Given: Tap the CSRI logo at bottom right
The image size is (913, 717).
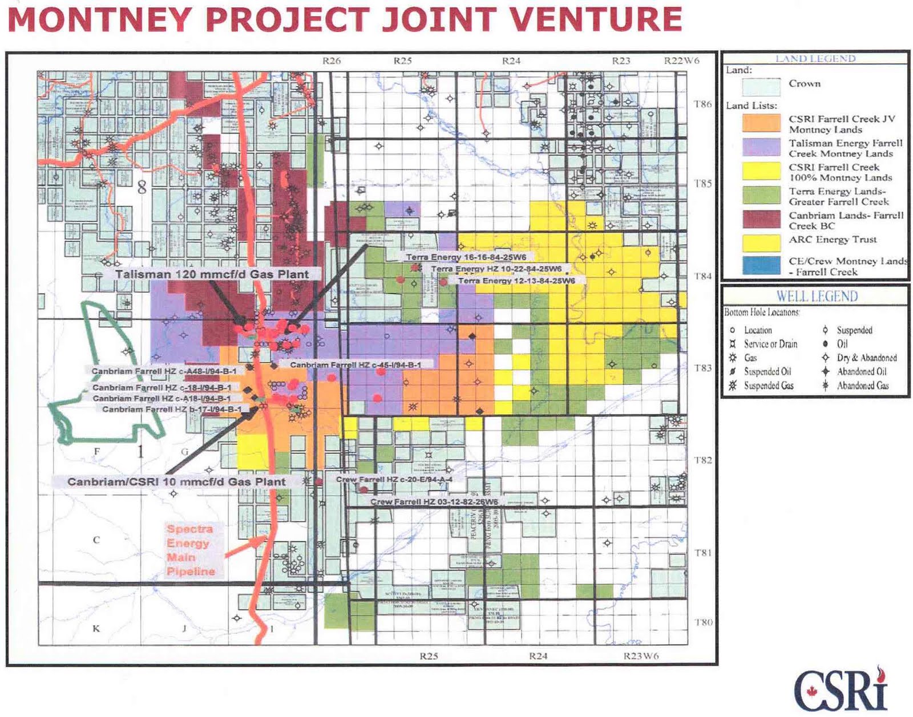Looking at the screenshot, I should (842, 690).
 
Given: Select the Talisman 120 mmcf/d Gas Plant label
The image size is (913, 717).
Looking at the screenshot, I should (212, 274).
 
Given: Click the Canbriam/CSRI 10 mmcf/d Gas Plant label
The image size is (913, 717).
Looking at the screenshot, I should (176, 482).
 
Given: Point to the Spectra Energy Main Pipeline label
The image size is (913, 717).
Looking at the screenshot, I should (191, 550).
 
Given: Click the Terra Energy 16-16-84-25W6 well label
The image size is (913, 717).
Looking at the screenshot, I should (466, 257).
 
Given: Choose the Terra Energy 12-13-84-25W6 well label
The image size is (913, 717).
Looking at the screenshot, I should (516, 281).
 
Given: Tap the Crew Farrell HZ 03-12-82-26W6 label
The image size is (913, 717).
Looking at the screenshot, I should (434, 502).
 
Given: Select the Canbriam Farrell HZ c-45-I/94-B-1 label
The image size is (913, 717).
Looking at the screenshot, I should (355, 364).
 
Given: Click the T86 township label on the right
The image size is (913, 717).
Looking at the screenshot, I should (702, 104).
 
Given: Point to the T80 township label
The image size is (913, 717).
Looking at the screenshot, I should (703, 622).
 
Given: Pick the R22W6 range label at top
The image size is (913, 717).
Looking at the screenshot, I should (681, 61).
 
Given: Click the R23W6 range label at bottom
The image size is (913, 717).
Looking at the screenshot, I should (641, 656).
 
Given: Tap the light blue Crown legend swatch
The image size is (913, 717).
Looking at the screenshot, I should (761, 87).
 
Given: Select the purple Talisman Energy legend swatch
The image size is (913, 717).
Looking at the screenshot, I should (761, 148).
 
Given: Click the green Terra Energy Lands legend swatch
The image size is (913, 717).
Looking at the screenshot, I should (761, 196).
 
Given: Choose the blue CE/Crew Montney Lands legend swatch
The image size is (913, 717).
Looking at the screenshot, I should (761, 266).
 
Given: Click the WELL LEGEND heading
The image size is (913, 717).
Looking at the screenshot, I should (817, 296).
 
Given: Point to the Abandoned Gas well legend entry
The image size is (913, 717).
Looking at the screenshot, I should (862, 386).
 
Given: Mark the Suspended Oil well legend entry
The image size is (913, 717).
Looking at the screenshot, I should (767, 371).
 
